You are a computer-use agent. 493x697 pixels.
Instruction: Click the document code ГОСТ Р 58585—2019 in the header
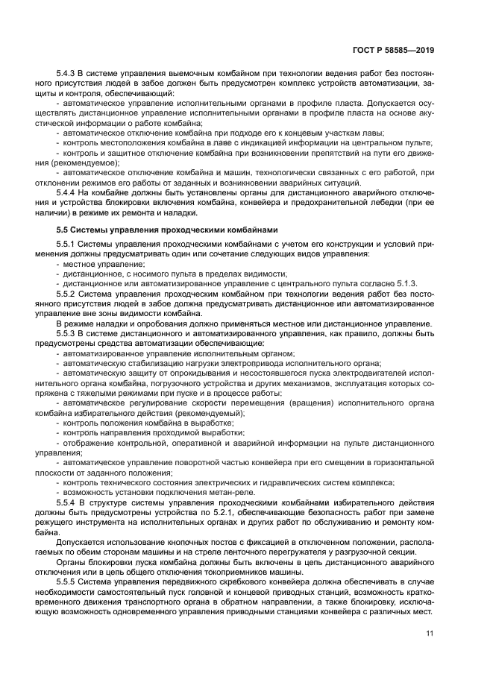[395, 51]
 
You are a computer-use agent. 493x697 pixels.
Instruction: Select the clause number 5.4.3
[68, 75]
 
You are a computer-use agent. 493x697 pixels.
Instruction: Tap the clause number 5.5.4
[68, 502]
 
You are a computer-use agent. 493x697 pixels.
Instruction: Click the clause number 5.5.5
[68, 579]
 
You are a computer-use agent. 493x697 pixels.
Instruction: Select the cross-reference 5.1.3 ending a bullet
[406, 284]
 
